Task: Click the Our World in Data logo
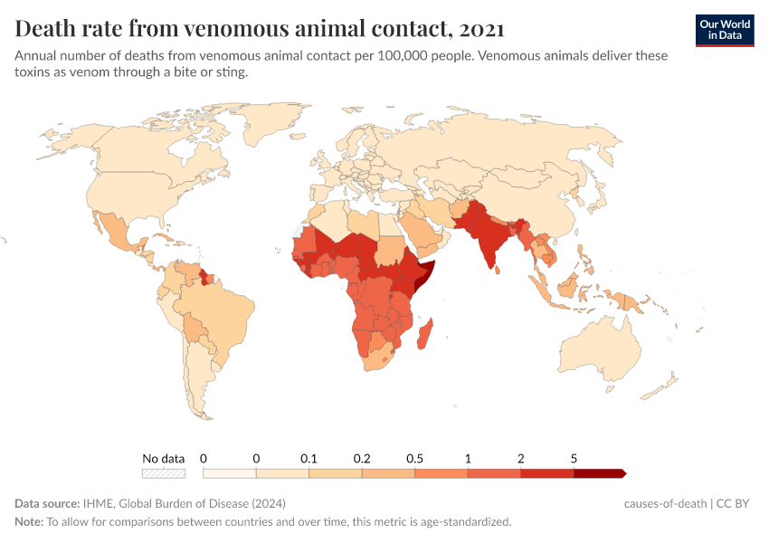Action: [725, 30]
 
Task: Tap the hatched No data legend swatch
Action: [164, 473]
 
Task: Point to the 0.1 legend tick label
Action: [309, 459]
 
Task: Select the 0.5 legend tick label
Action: [415, 459]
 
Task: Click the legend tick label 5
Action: [574, 459]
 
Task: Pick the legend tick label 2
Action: [521, 459]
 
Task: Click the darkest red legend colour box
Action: [598, 473]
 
